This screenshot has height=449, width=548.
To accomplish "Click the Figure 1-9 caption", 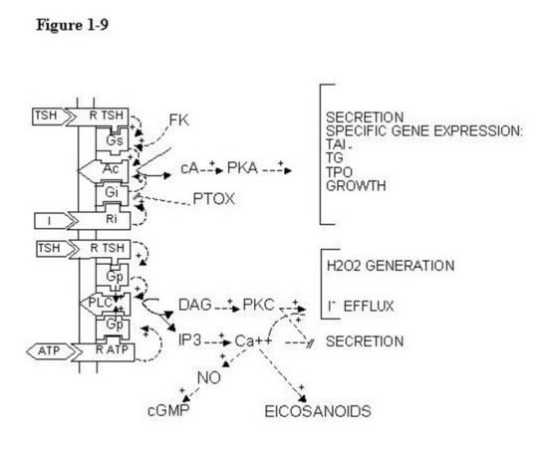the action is point(73,25).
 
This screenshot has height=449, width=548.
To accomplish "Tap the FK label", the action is point(179,120).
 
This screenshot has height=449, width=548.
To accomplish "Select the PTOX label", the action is point(213,199).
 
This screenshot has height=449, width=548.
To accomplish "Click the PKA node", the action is point(242,168).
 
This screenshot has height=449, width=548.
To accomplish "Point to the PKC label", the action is point(259,305).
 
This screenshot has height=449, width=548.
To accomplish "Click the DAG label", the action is point(195,305).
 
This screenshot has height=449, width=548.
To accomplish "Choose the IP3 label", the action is point(189,339).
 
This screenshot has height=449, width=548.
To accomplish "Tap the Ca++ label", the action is point(253,341).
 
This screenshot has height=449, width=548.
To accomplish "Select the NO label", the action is point(208,377).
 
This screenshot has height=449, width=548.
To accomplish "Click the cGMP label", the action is point(168,410).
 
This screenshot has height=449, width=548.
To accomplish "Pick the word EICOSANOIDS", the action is point(318,411).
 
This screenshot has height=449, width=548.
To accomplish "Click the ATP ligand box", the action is point(51,350).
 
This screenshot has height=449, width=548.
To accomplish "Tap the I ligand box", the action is point(54,221).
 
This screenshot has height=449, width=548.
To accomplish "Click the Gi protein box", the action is point(113,193).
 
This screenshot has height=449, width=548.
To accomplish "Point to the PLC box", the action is point(106,304).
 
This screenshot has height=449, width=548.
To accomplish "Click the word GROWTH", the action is point(356,186).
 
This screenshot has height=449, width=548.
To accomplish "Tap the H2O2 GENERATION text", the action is point(391,266).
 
